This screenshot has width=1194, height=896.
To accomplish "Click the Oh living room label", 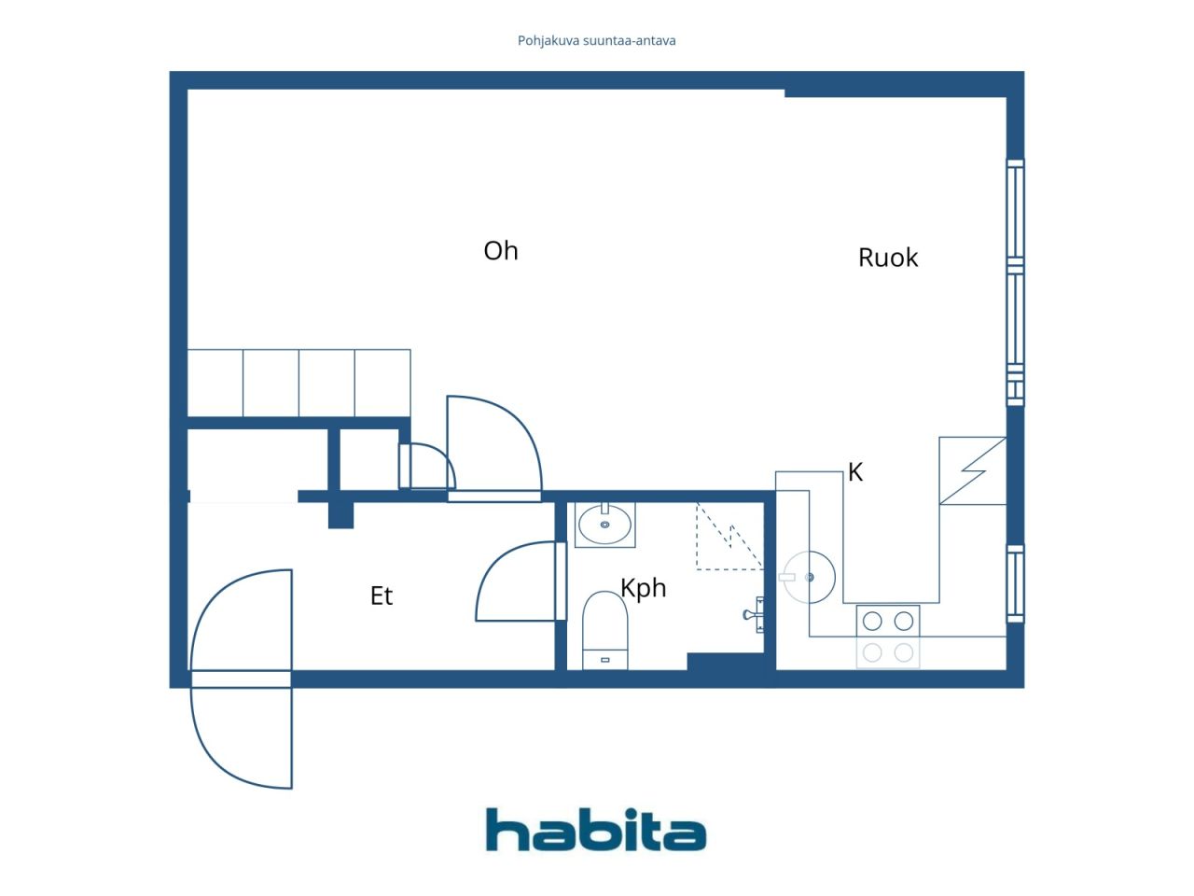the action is point(500,251).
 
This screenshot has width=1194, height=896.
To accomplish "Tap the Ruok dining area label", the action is point(888,258).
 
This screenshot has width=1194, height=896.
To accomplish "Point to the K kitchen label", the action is point(855,471).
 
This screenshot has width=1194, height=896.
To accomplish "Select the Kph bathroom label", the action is point(643,588).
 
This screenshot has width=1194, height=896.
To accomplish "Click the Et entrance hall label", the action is point(381,595).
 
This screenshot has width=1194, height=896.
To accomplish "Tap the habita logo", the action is point(596,830).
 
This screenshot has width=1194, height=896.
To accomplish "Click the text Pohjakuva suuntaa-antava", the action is point(596,41).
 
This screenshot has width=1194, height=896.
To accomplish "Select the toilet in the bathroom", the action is point(604,631).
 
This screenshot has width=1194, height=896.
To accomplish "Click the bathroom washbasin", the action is point(604,525).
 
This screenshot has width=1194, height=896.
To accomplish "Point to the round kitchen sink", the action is point(810,577).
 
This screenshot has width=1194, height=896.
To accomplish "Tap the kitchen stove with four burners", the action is point(888,637).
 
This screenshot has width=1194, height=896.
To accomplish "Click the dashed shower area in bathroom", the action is point(729,537).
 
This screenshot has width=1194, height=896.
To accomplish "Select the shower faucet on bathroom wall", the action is point(754,615).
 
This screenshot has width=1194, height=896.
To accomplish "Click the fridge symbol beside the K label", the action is point(973,470).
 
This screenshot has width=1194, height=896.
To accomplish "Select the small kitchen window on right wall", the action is point(1015,583).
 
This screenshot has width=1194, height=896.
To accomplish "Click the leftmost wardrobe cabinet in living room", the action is point(215,383).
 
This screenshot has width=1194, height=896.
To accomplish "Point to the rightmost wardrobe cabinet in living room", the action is point(382,383).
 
